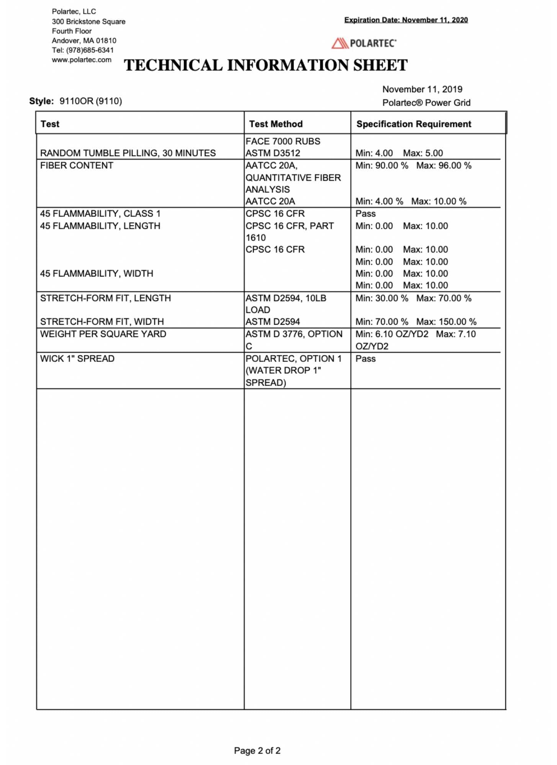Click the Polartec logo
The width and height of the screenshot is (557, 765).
[x=364, y=43]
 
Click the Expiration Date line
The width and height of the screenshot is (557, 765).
[x=406, y=20]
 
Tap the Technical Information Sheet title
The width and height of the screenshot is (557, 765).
[x=266, y=65]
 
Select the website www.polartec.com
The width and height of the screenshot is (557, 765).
[x=82, y=60]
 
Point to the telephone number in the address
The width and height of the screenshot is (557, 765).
[x=83, y=50]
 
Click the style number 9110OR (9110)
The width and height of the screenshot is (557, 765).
[x=91, y=101]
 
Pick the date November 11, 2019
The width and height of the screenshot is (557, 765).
[x=422, y=89]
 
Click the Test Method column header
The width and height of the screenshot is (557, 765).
[x=276, y=124]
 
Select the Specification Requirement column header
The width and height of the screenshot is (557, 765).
[x=413, y=124]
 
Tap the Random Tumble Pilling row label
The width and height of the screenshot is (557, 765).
[x=128, y=153]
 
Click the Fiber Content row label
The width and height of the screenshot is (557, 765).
[x=77, y=166]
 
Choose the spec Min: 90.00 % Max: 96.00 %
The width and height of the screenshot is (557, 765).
[x=413, y=166]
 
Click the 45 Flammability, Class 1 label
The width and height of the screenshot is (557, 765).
[x=100, y=213]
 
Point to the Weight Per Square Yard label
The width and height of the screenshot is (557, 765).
[x=103, y=334]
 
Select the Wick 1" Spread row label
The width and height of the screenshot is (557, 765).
[x=77, y=359]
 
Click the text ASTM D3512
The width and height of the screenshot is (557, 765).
[x=273, y=153]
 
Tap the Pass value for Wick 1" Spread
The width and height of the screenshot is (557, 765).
[x=365, y=359]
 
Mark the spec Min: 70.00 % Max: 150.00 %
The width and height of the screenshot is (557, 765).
[x=416, y=322]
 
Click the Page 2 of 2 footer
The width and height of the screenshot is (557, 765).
[x=257, y=750]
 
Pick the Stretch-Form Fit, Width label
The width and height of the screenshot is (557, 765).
[x=102, y=322]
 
